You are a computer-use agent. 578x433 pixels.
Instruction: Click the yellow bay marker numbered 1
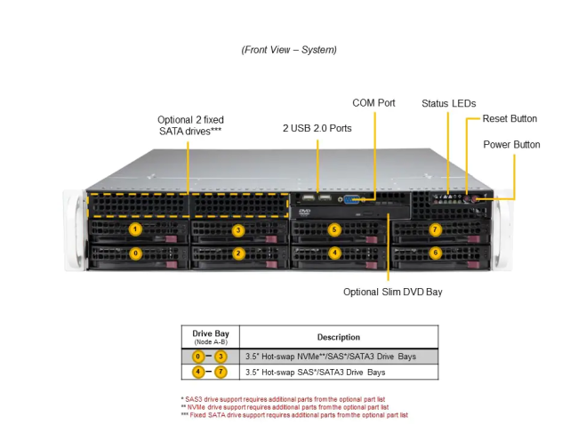coord(135,229)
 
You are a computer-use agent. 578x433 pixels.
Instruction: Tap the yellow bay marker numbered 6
coord(436,253)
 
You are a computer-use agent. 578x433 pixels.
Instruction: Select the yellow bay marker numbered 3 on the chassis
coord(238,230)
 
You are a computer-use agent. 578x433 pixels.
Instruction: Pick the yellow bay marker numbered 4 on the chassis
coord(334,253)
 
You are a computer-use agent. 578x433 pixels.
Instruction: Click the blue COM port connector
coord(351,200)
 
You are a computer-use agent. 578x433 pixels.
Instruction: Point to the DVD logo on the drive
coord(304,212)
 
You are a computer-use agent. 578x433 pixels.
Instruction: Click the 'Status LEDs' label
coord(448,103)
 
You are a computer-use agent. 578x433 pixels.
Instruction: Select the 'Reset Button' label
coord(510,118)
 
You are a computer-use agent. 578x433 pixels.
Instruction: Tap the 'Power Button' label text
coord(511,144)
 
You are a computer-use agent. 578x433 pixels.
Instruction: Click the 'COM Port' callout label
coord(373,103)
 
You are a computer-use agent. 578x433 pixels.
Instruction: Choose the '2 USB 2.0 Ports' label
coord(317,128)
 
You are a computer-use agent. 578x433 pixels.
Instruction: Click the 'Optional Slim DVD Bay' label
coord(392,292)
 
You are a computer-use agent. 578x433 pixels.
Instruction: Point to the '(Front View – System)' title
coord(289,50)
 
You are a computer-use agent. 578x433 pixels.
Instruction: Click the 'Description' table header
coord(339,337)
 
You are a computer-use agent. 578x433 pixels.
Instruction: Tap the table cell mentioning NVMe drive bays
coord(331,357)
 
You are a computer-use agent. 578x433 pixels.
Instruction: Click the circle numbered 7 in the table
coord(221,372)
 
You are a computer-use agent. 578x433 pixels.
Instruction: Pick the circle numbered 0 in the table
coord(198,357)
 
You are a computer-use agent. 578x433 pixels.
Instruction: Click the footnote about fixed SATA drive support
coord(294,415)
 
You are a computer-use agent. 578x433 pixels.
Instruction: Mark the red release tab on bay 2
coord(272,264)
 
